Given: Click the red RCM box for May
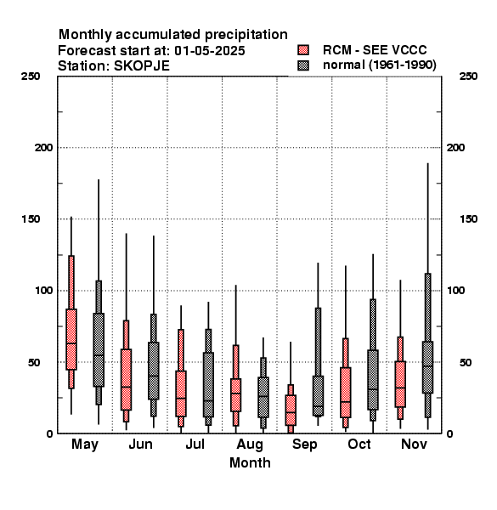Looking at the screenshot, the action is pos(71,339).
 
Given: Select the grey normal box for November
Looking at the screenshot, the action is pos(428,367).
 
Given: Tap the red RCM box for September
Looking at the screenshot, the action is pos(291,411).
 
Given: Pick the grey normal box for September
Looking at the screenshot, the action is pos(318,396).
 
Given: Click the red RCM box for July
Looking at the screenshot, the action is pos(181,394).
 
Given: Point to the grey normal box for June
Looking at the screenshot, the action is pos(154,371).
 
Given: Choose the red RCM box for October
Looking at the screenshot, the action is pos(346,393).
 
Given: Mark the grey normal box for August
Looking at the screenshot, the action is pos(263,397).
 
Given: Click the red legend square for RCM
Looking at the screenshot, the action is pos(303,50).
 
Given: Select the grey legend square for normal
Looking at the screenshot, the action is pos(303,65).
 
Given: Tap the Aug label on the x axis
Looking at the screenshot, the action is pos(250,445).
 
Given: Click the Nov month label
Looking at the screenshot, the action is pos(414,444).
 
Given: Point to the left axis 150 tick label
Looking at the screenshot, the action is pos(31,219).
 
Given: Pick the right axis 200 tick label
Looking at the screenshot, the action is pos(455,147).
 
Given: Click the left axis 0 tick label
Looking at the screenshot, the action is pos(49,433).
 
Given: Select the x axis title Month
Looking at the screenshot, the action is pos(250,463).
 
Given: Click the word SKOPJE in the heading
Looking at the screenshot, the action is pos(142,66).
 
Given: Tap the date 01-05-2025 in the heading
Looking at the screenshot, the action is pos(210,51).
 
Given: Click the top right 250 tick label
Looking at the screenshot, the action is pos(468,76).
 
